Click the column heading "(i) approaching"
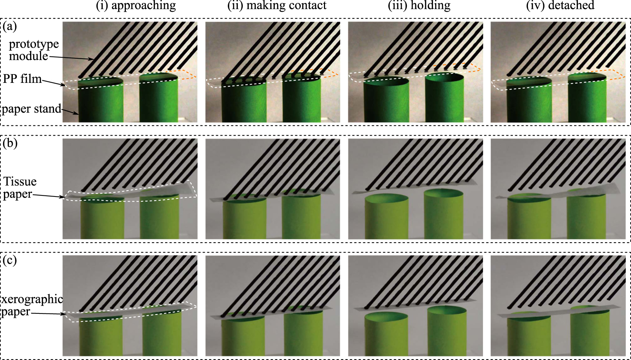tap(136, 6)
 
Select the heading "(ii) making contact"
tap(277, 6)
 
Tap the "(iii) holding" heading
tap(419, 6)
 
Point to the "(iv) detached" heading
tap(560, 6)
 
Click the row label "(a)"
tap(10, 26)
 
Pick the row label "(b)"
tap(10, 143)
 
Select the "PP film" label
tap(22, 78)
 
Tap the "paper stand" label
tap(32, 109)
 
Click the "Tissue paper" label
tap(20, 187)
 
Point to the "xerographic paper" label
tap(32, 305)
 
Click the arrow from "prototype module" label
tap(71, 58)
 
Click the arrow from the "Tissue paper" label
tap(48, 196)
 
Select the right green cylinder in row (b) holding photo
tap(443, 216)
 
